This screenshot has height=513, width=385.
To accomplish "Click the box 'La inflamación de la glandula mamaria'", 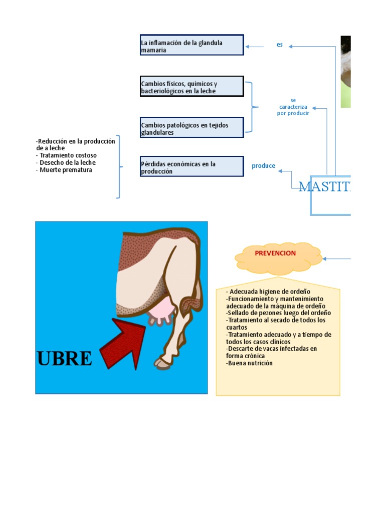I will point(191,45).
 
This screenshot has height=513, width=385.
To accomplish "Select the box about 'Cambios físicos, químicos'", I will point(191,86).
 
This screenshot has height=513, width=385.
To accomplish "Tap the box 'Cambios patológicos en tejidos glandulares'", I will point(191,128).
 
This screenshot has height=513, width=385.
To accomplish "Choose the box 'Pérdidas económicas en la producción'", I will point(191,166).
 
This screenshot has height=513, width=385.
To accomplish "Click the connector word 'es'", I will point(280,45).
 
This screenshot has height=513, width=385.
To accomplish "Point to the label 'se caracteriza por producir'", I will point(293,107).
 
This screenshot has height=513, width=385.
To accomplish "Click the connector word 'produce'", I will point(263,166).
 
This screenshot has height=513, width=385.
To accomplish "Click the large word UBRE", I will point(65,359).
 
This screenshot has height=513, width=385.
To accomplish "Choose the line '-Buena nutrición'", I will point(250,363).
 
